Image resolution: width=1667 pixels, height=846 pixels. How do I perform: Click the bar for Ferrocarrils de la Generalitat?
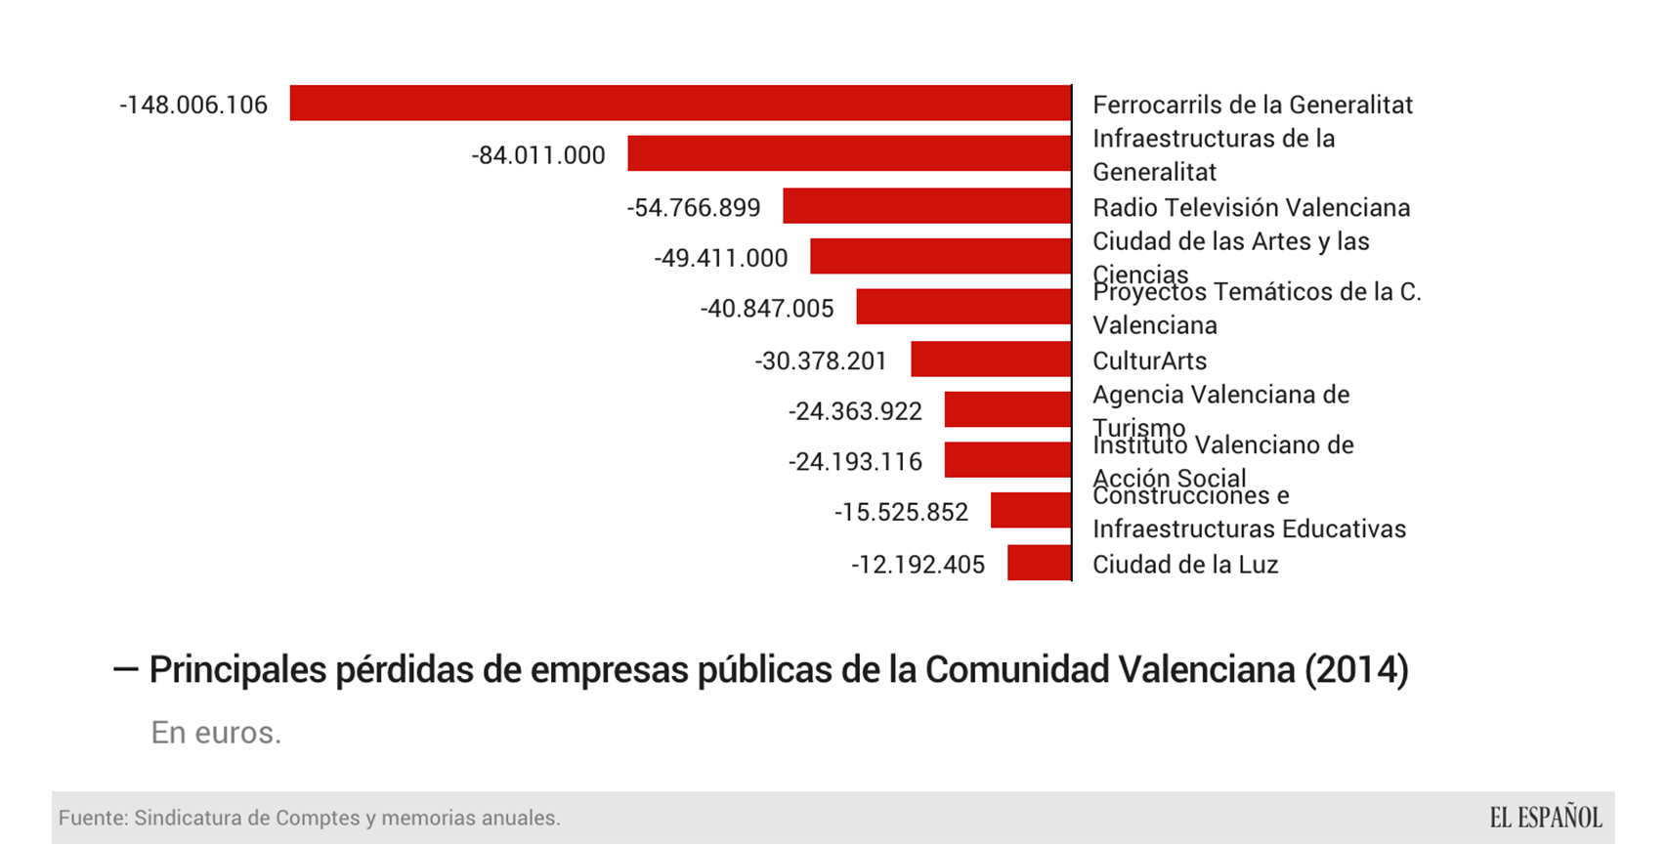pyautogui.click(x=680, y=104)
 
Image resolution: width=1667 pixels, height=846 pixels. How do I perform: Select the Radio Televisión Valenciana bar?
pyautogui.click(x=926, y=206)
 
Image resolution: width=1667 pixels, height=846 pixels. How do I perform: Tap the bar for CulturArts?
pyautogui.click(x=991, y=360)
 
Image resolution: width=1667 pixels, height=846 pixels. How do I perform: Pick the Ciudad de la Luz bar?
pyautogui.click(x=1039, y=563)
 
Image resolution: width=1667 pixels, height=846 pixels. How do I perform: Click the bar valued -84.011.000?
pyautogui.click(x=849, y=154)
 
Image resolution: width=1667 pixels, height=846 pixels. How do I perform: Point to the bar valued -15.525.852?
pyautogui.click(x=1031, y=511)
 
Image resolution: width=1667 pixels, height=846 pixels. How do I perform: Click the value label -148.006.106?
pyautogui.click(x=193, y=105)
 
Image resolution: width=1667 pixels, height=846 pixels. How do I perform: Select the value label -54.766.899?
pyautogui.click(x=694, y=207)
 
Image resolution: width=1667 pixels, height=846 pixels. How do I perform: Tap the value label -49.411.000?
pyautogui.click(x=721, y=258)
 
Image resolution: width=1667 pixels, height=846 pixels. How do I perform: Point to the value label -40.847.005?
pyautogui.click(x=767, y=309)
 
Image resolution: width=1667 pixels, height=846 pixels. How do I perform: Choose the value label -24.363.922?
pyautogui.click(x=855, y=411)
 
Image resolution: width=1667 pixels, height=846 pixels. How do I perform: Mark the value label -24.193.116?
pyautogui.click(x=855, y=461)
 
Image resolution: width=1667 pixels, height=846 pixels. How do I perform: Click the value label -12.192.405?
pyautogui.click(x=918, y=565)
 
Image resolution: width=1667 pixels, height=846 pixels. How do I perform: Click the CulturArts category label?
pyautogui.click(x=1149, y=360)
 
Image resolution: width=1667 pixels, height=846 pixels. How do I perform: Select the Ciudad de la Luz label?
pyautogui.click(x=1184, y=565)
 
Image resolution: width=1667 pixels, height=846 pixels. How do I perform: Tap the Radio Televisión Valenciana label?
pyautogui.click(x=1251, y=207)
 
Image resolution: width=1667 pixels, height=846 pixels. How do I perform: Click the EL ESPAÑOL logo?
pyautogui.click(x=1546, y=818)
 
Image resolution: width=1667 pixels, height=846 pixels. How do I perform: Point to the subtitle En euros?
pyautogui.click(x=216, y=732)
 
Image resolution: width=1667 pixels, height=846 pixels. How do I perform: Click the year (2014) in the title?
pyautogui.click(x=1356, y=670)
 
